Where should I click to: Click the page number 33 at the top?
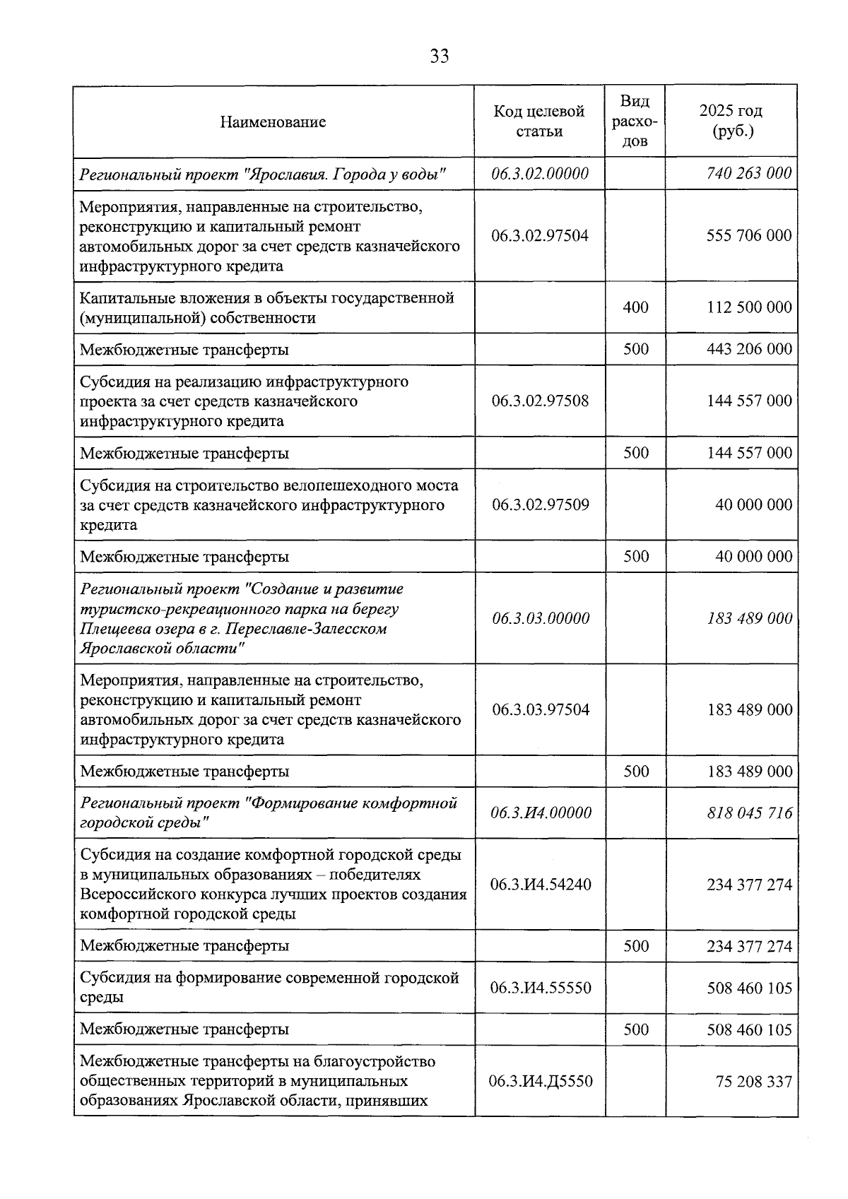point(439,57)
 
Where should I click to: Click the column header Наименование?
point(273,122)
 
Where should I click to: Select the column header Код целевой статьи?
point(539,122)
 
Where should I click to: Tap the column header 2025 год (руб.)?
point(731,121)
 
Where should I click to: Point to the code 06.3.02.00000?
point(540,174)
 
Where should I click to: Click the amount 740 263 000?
point(749,174)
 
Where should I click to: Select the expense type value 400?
point(635,307)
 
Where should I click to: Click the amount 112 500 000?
point(749,307)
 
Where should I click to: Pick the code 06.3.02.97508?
point(540,401)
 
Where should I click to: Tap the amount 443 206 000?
point(749,349)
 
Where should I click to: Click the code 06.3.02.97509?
point(540,505)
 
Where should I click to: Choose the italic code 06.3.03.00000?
point(541,619)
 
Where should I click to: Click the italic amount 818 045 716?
point(750,813)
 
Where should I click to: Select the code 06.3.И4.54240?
point(541,885)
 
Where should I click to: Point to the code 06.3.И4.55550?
point(541,988)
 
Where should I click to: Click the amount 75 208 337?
point(753,1082)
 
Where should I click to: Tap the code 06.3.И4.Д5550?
point(541,1082)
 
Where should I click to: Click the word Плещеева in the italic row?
point(112,629)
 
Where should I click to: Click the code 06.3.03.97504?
point(541,710)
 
